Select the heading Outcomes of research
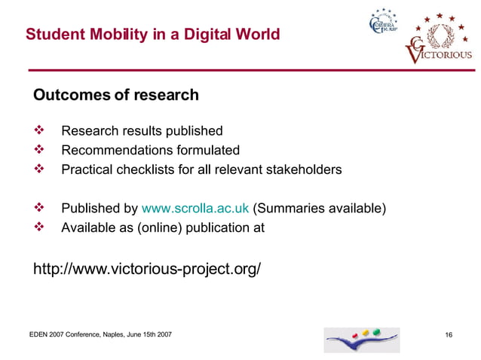pyautogui.click(x=115, y=96)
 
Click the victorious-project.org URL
pyautogui.click(x=147, y=267)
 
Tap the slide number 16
pyautogui.click(x=449, y=334)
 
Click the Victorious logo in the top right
pyautogui.click(x=441, y=43)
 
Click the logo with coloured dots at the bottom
pyautogui.click(x=362, y=340)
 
